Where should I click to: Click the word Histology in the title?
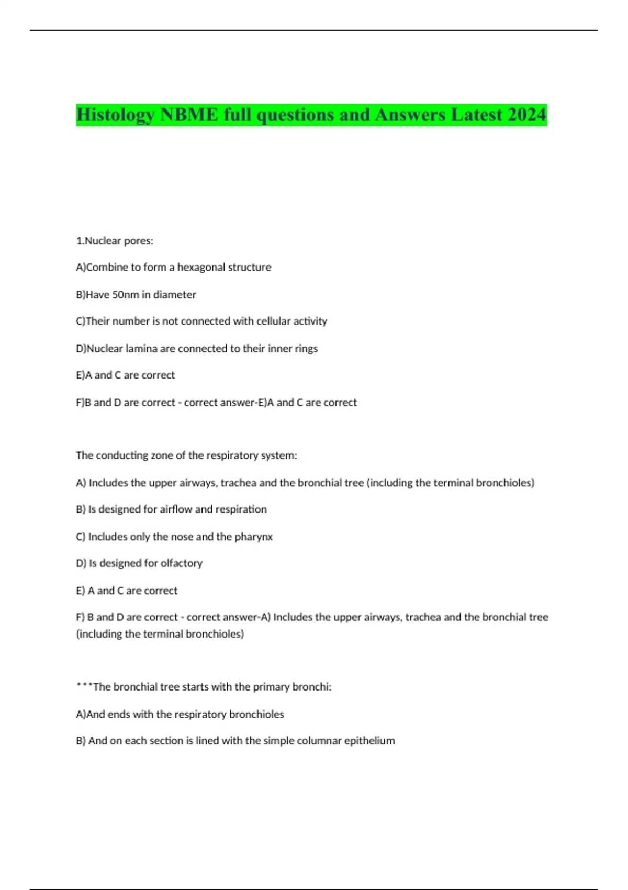(x=115, y=115)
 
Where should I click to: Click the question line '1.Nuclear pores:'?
(x=115, y=241)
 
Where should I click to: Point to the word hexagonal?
(x=201, y=267)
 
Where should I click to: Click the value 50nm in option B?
(x=126, y=295)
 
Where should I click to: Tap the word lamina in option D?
(x=142, y=349)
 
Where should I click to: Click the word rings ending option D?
(x=306, y=349)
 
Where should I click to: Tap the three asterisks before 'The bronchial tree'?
(x=84, y=686)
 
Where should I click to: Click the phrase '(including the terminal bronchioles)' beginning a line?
(x=160, y=634)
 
